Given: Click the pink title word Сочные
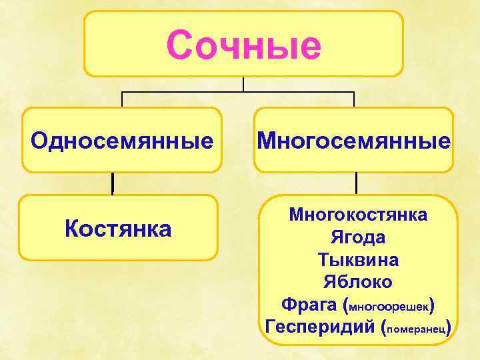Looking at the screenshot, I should [243, 45].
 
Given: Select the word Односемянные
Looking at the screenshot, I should [123, 141].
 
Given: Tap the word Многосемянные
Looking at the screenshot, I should [354, 141].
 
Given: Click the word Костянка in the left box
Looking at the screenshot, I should [118, 229].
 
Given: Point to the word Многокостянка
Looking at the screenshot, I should [359, 215].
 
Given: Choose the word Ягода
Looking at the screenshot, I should [358, 237].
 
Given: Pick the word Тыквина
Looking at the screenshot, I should [359, 259].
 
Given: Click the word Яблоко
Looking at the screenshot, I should [358, 281].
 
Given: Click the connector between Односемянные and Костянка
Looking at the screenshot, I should [113, 183].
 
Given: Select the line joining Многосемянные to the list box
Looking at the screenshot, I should [357, 183].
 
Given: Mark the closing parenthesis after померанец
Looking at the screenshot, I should [451, 327].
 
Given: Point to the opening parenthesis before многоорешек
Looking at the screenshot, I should [345, 305].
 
